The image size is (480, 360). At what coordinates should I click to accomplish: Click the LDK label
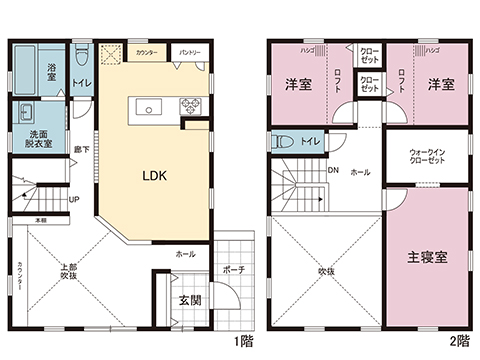tap(153, 175)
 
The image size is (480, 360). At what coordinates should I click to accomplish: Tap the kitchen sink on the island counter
tap(147, 107)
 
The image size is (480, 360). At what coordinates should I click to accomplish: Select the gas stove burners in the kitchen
tap(189, 106)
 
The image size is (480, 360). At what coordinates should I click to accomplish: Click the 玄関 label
tap(190, 299)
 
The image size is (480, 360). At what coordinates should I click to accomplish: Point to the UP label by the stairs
tap(73, 198)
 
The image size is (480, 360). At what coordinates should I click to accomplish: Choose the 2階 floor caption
tap(459, 340)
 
